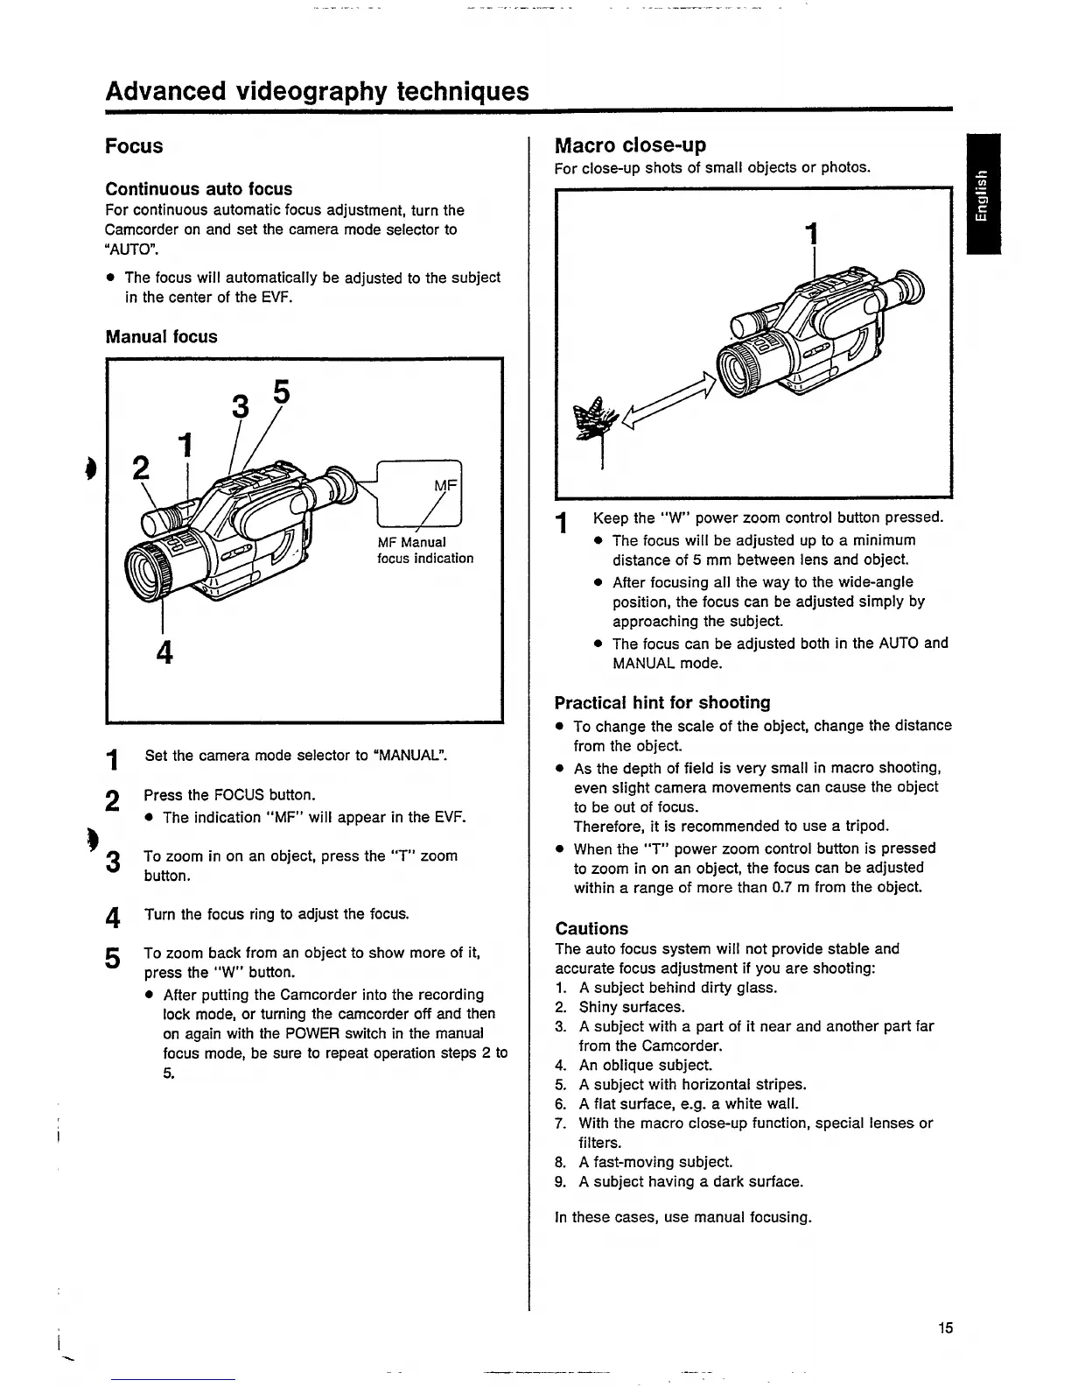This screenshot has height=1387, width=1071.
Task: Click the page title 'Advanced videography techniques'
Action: [x=317, y=91]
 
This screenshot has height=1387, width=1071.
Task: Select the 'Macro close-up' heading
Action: [x=630, y=144]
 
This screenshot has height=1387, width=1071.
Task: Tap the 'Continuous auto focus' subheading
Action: [x=199, y=188]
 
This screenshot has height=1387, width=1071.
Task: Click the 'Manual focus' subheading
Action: [x=161, y=336]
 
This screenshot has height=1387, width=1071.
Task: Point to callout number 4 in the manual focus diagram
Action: [x=164, y=652]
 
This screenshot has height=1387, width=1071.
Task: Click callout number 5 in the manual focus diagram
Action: [x=280, y=392]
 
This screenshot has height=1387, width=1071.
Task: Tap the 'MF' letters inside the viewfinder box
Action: [x=445, y=485]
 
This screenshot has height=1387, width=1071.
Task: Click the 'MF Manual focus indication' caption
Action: [x=424, y=550]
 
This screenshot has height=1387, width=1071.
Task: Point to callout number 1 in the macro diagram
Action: [x=813, y=234]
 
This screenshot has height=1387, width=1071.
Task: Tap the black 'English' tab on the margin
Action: [x=983, y=194]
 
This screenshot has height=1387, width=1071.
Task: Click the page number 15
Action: [x=945, y=1327]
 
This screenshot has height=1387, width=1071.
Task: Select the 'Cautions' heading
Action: [x=591, y=928]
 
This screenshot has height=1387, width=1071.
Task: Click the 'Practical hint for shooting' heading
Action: [x=662, y=702]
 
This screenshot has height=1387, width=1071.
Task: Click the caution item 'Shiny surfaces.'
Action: [x=631, y=1007]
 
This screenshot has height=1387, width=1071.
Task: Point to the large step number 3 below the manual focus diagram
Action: [x=112, y=862]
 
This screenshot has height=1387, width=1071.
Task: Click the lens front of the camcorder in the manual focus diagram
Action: [x=150, y=571]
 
